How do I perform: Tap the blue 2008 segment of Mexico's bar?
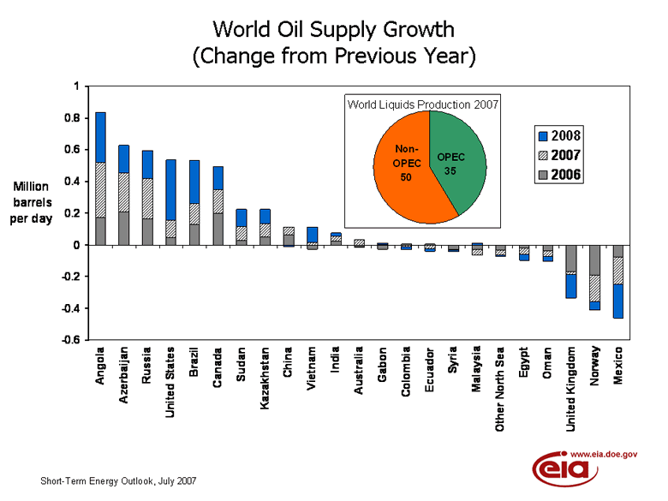click(x=617, y=301)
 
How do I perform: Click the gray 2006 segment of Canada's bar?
click(x=218, y=229)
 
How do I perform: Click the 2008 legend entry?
click(x=557, y=135)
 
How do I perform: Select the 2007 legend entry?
click(x=557, y=155)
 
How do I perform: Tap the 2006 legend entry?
click(x=557, y=175)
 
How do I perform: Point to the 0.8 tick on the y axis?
click(x=76, y=118)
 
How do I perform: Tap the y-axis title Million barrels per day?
click(x=31, y=202)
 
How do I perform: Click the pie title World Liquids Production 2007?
click(x=422, y=104)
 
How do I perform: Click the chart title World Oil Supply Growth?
click(x=333, y=30)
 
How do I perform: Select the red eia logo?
click(x=562, y=470)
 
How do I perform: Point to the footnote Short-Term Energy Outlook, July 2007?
click(x=119, y=481)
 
